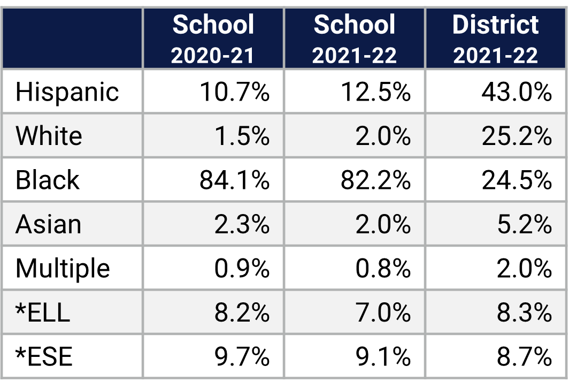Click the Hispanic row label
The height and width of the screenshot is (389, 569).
[x=67, y=91]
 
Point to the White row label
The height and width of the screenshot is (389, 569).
[x=49, y=136]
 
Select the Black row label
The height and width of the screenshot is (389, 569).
[x=47, y=180]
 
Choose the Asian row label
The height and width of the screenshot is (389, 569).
[x=48, y=224]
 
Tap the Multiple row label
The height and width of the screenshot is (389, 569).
[x=63, y=268]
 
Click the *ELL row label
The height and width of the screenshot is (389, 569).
[x=43, y=312]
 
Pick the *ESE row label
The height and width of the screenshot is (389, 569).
[x=44, y=356]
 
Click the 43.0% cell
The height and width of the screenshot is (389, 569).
[x=516, y=91]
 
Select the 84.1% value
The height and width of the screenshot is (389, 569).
[x=234, y=180]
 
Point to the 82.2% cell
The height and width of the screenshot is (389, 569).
[x=375, y=180]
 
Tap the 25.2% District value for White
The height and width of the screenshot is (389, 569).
[x=516, y=136]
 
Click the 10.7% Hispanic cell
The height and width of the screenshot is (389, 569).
[x=234, y=91]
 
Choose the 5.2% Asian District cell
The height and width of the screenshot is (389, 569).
[x=524, y=224]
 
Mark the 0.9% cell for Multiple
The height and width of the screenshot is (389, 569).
[x=242, y=268]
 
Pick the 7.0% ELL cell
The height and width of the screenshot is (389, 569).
[x=383, y=312]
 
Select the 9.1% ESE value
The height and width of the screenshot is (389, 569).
[x=383, y=356]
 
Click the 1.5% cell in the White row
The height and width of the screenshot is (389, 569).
[x=242, y=136]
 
